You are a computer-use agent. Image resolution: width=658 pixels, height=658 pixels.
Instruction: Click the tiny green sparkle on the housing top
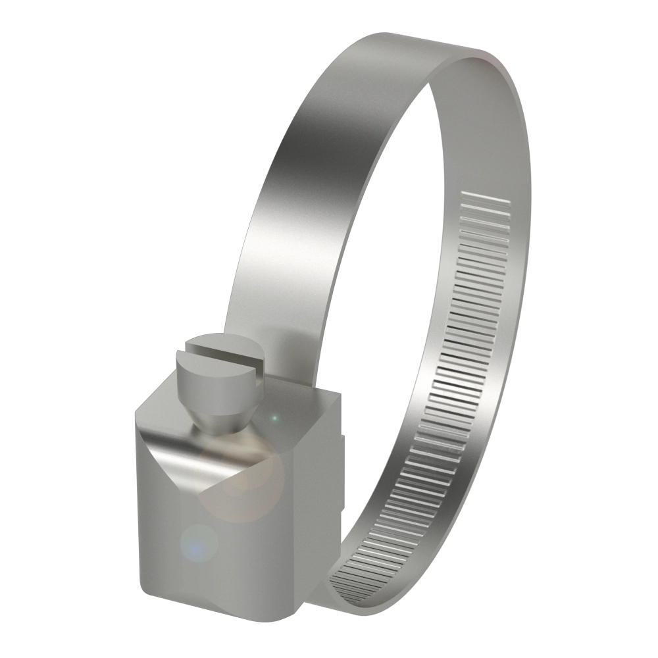pyautogui.click(x=275, y=417)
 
